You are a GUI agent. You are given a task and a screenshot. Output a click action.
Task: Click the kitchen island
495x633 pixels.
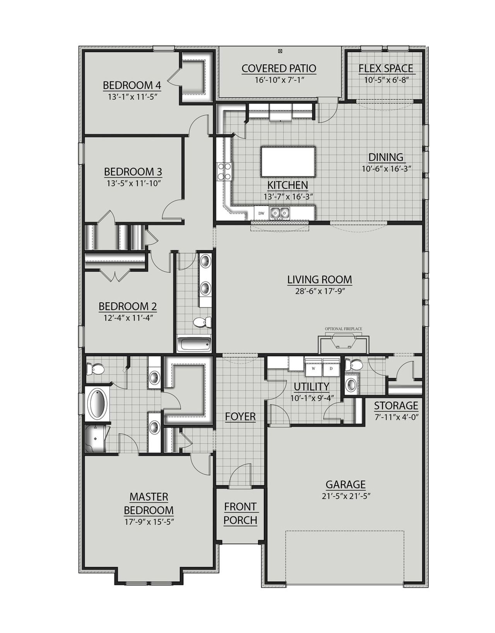coord(288,161)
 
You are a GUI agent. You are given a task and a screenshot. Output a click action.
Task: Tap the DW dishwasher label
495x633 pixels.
coord(261,213)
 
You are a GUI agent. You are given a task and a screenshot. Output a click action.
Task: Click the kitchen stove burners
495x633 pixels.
coord(225,172)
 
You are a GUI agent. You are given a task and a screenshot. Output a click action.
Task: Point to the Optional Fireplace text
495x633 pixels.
coord(343,329)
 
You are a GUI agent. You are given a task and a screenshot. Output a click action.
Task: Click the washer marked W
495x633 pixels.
coord(314,368)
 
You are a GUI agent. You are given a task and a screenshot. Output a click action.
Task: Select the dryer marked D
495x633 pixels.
coord(331,368)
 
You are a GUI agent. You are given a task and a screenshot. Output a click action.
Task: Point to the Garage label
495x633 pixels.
coord(345,484)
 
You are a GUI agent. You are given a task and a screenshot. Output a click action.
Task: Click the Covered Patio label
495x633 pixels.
coord(279,68)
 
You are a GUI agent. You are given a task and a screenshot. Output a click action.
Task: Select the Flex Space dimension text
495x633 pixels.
coord(386,80)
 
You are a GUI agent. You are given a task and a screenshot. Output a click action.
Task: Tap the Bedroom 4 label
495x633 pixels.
coord(132,85)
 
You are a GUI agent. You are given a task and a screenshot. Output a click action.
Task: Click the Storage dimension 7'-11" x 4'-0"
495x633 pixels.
coord(396,417)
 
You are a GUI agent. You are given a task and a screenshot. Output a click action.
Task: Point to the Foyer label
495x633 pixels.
coord(240,416)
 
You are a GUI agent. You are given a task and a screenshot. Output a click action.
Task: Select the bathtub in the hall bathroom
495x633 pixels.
coord(194,344)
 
